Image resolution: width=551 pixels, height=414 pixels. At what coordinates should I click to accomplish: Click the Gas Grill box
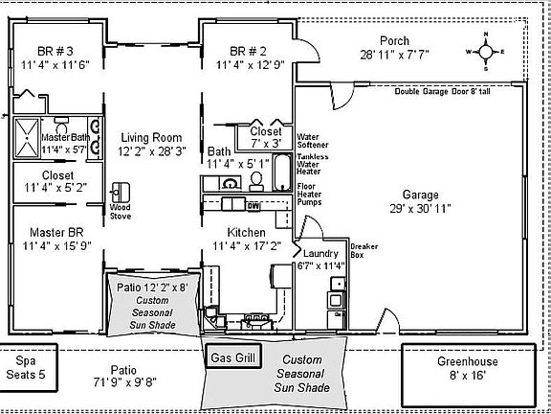233,356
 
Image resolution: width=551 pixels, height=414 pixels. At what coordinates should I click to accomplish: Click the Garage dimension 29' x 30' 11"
413,207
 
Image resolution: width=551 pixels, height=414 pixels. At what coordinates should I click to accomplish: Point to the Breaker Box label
364,251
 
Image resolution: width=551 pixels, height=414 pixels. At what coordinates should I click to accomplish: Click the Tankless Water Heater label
313,164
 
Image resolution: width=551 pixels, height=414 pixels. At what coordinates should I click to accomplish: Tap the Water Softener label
313,141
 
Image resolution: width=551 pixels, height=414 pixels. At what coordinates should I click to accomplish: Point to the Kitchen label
246,233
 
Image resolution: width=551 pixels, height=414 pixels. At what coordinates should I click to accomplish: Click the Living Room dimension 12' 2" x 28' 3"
148,151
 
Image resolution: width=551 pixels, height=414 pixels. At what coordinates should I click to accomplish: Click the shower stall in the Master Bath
27,137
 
